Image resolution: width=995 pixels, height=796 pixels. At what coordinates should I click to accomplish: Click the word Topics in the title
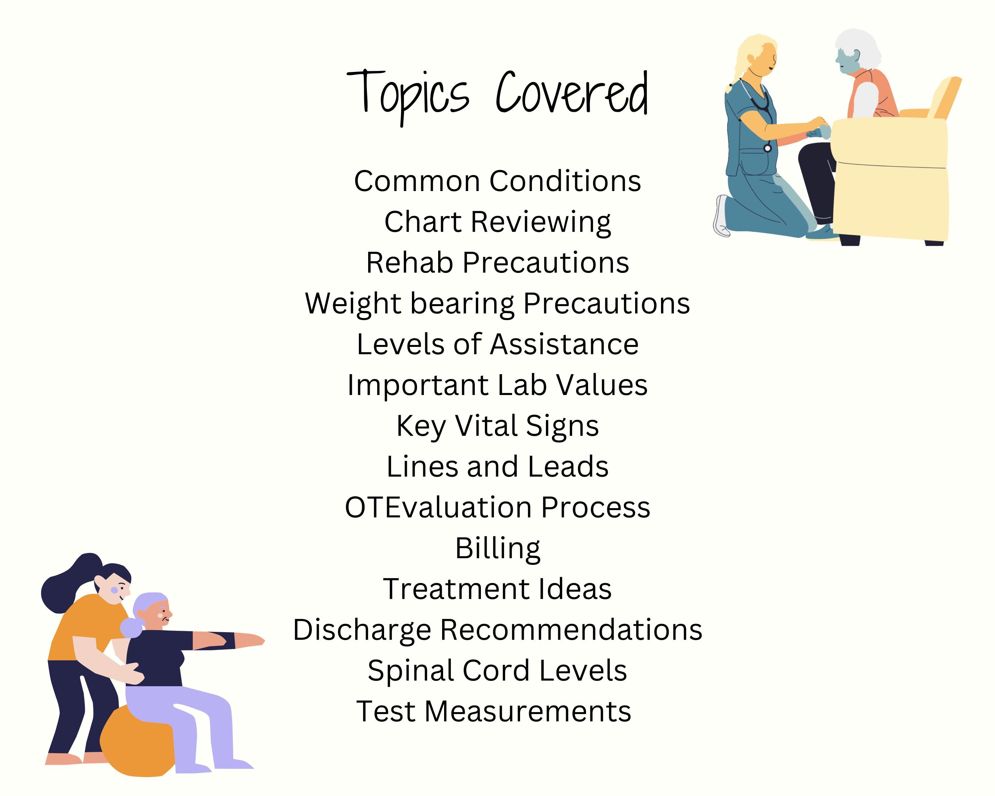408,95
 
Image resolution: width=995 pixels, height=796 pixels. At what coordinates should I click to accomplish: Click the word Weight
353,304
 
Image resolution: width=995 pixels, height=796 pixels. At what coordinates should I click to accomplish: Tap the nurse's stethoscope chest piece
767,148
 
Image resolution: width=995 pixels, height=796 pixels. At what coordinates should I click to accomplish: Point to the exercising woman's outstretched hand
254,641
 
